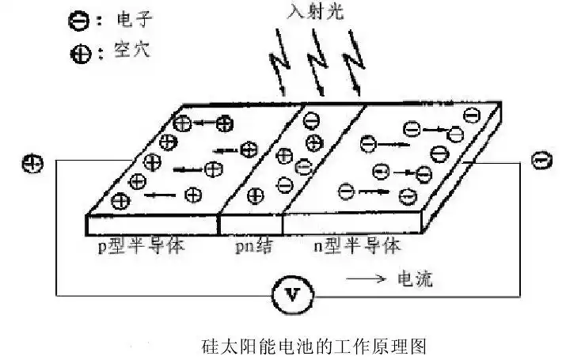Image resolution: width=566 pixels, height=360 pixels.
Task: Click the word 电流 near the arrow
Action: coord(412,279)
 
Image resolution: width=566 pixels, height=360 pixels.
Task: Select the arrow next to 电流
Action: coord(365,279)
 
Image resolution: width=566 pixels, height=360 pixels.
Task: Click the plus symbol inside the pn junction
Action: coord(314,143)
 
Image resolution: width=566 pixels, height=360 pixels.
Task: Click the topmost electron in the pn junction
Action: coord(311,120)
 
